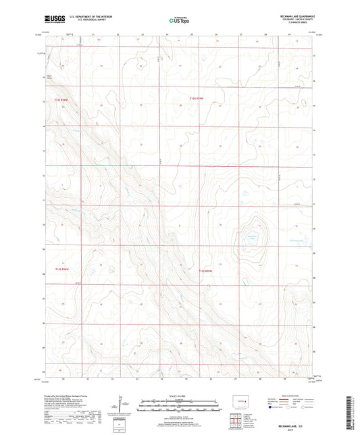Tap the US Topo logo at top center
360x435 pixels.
[x=179, y=20]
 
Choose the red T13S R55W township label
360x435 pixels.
[x=205, y=272]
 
